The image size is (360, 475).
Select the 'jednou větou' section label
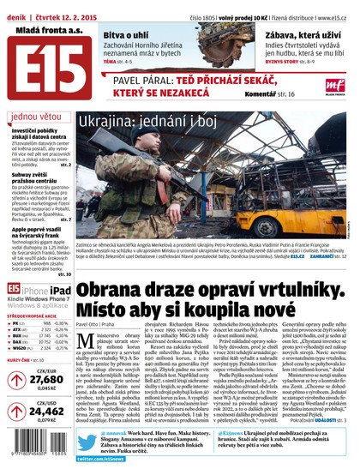(x=34, y=116)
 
